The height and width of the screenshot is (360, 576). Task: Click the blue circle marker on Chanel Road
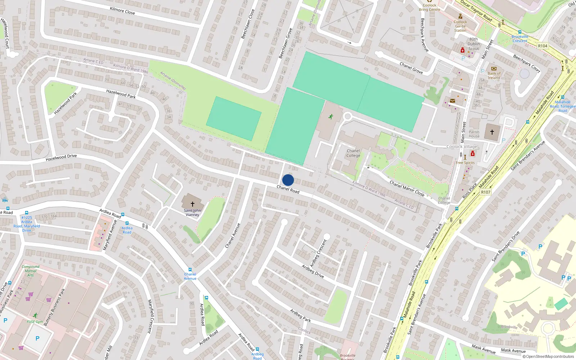pos(288,180)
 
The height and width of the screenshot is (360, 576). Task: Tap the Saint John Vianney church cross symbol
pos(193,204)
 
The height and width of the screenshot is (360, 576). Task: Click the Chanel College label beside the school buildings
pos(353,153)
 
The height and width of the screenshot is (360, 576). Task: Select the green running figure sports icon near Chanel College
pos(330,117)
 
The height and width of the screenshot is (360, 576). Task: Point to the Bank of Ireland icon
pos(494,68)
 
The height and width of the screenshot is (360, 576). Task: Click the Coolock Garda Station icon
pos(460,16)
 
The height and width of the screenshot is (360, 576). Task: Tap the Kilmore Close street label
pos(122,10)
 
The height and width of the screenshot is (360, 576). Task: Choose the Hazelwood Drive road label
pos(61,157)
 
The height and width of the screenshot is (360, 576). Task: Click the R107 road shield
pos(486,192)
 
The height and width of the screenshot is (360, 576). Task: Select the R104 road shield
pos(543,46)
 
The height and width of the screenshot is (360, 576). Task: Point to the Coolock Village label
pos(462,147)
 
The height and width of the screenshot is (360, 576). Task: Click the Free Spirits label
pos(465,163)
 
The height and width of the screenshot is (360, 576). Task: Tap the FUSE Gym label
pos(35,322)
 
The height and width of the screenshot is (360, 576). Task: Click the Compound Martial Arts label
pos(31,271)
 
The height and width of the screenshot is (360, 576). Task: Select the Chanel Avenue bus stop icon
pos(190,270)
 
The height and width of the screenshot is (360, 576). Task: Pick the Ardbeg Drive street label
pos(313,271)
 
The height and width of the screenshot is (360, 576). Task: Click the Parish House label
pos(474,134)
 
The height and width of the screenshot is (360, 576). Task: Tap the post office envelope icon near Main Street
pos(453,101)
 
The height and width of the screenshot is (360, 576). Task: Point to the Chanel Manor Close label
pos(407,188)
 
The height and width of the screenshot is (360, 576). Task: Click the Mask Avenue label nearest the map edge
pos(513,350)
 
